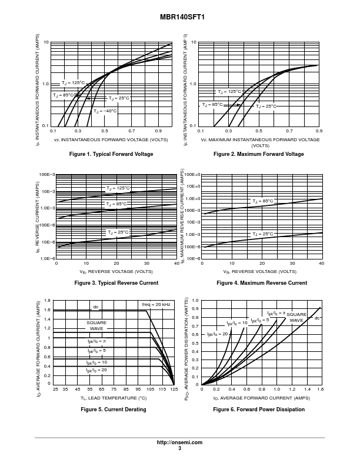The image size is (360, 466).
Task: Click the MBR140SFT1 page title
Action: pyautogui.click(x=179, y=18)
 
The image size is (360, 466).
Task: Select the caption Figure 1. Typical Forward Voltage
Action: pyautogui.click(x=111, y=154)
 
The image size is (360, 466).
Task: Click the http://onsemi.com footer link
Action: pyautogui.click(x=179, y=442)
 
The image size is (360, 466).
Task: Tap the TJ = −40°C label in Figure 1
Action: pyautogui.click(x=105, y=111)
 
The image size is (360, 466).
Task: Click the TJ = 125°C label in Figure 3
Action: pyautogui.click(x=117, y=188)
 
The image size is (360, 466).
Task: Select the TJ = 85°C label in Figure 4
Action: pyautogui.click(x=263, y=201)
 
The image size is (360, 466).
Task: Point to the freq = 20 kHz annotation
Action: pyautogui.click(x=156, y=304)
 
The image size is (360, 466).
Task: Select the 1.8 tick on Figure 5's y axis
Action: pyautogui.click(x=48, y=301)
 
